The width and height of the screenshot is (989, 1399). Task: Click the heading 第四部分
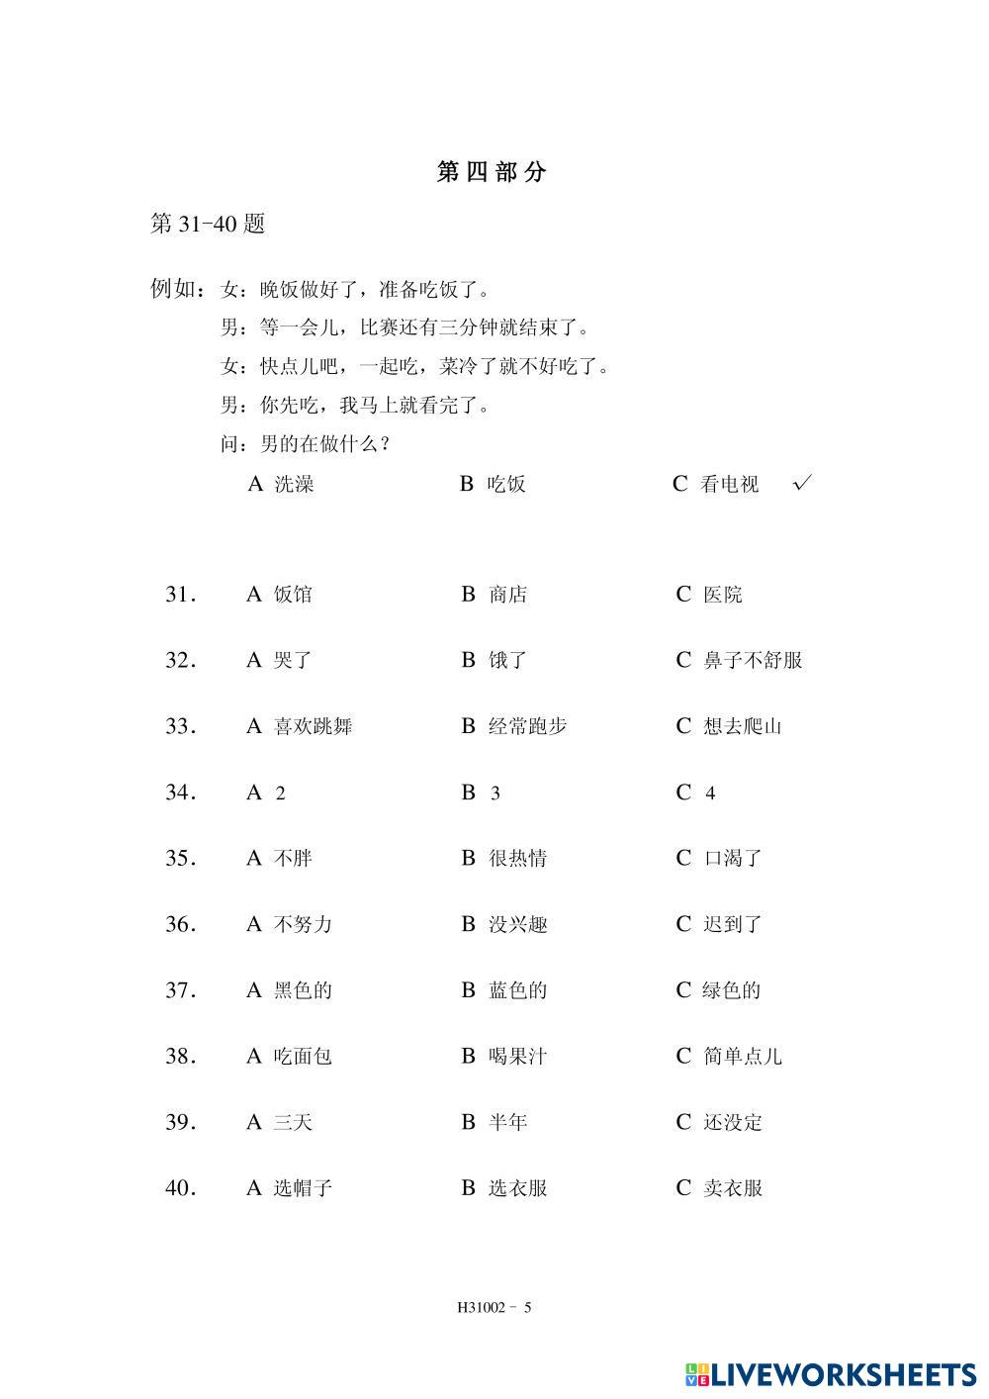pyautogui.click(x=492, y=171)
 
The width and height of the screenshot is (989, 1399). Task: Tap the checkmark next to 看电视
pyautogui.click(x=803, y=483)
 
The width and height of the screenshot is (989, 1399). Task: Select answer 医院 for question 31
pyautogui.click(x=722, y=595)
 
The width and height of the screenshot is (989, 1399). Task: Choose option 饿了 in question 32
pyautogui.click(x=508, y=660)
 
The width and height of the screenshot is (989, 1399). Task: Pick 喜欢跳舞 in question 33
pyautogui.click(x=313, y=726)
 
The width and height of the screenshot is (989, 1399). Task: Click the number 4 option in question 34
pyautogui.click(x=709, y=793)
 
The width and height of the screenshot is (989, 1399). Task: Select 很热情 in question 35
pyautogui.click(x=517, y=858)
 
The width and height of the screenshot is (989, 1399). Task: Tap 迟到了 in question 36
pyautogui.click(x=732, y=924)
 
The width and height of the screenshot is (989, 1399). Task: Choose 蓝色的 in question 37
pyautogui.click(x=517, y=990)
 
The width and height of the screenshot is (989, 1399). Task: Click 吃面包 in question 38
pyautogui.click(x=302, y=1057)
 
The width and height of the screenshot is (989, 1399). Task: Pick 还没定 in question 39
pyautogui.click(x=732, y=1122)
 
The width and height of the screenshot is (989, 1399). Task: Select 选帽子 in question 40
pyautogui.click(x=302, y=1188)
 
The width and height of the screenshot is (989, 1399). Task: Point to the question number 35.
pyautogui.click(x=180, y=858)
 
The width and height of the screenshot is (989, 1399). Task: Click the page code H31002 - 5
pyautogui.click(x=494, y=1307)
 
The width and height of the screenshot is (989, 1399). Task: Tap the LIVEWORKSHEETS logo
pyautogui.click(x=831, y=1374)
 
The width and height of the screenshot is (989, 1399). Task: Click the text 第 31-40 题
pyautogui.click(x=208, y=224)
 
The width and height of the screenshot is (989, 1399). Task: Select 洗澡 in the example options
pyautogui.click(x=293, y=484)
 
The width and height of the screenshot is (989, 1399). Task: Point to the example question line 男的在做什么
pyautogui.click(x=307, y=444)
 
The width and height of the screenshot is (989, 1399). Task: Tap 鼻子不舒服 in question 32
pyautogui.click(x=753, y=660)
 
